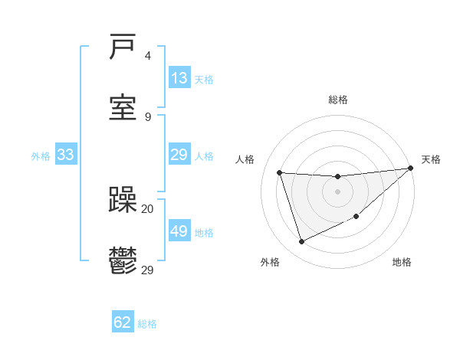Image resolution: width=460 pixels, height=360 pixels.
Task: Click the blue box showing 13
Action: (179, 78)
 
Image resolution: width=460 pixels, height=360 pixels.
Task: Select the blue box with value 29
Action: (179, 155)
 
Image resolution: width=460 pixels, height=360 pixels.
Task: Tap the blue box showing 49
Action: (179, 231)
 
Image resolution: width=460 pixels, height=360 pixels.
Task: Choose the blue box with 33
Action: (65, 155)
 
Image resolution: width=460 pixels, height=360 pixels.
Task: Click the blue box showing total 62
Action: (123, 322)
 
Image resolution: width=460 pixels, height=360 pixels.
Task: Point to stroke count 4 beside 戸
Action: (148, 56)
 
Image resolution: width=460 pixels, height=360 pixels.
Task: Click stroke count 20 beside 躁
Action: (148, 208)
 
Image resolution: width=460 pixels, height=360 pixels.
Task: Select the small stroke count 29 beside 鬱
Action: (148, 269)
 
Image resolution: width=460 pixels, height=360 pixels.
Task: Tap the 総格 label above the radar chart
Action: (338, 100)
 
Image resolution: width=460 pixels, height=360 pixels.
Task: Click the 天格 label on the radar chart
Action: (431, 159)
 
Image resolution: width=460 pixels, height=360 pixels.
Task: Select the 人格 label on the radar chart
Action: (246, 159)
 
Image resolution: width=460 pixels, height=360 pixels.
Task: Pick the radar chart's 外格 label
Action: (270, 262)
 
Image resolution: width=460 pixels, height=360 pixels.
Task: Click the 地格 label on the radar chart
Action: (402, 262)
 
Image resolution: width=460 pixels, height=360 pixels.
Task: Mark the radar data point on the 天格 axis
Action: (410, 169)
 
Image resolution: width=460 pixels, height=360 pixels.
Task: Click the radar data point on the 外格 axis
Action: (302, 241)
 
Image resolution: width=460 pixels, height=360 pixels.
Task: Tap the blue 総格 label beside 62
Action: (147, 323)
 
